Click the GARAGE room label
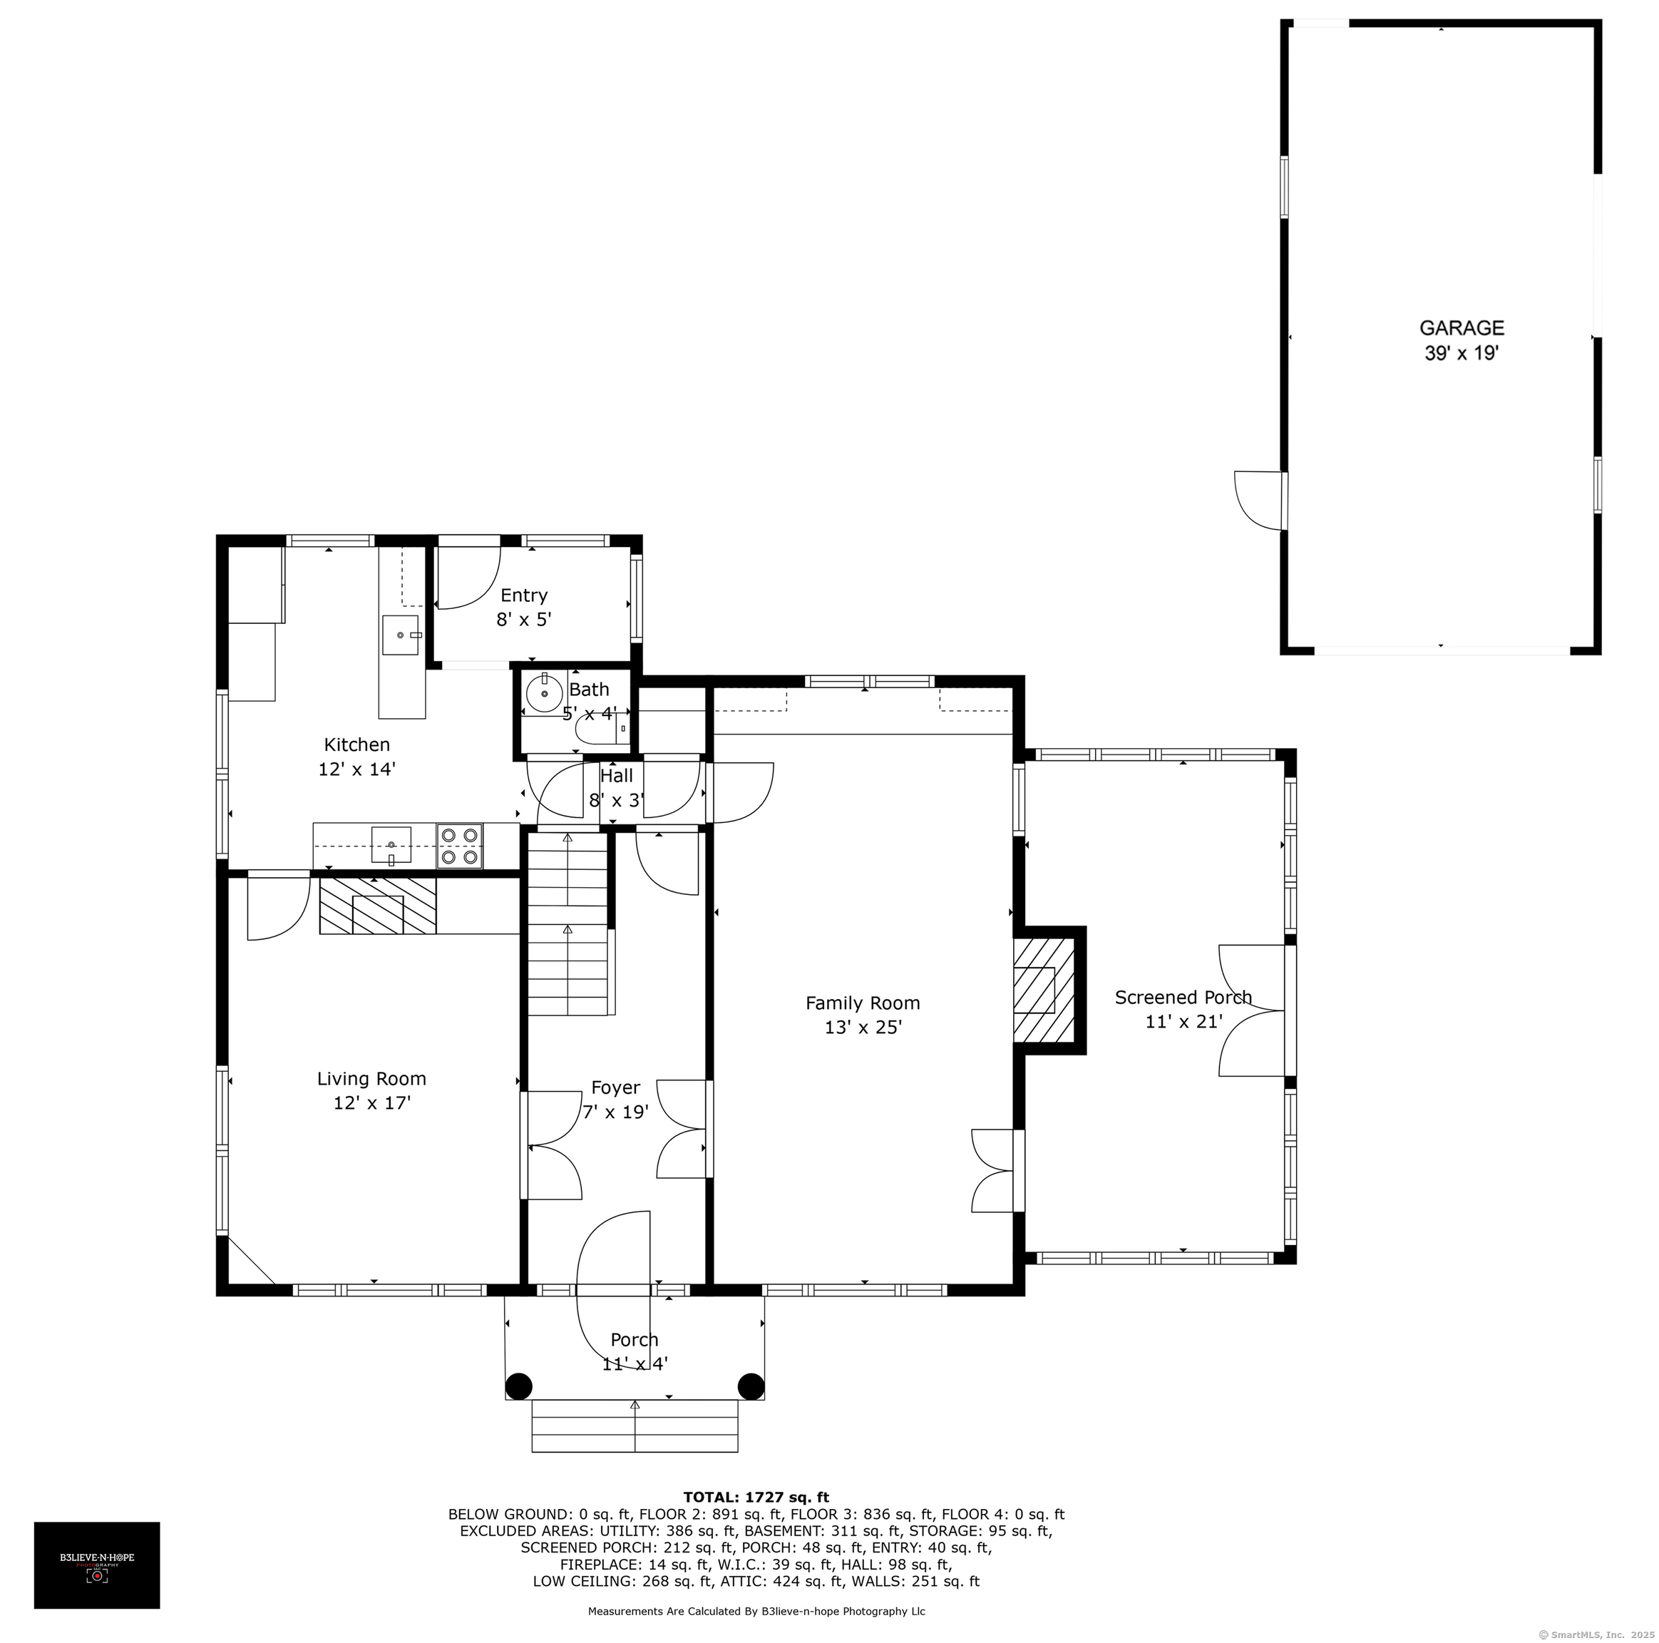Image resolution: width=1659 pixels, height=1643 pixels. [x=1462, y=327]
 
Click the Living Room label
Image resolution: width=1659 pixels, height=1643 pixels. [x=372, y=1079]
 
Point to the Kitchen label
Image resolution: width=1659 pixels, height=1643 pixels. [x=357, y=744]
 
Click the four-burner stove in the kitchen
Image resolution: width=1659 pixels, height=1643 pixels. [x=459, y=845]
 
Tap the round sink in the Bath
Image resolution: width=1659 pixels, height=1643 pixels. [x=545, y=693]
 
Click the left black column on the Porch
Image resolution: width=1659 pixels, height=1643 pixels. [x=518, y=1386]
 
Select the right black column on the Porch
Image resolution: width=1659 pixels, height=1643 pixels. [x=751, y=1386]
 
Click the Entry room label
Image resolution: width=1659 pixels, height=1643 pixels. [x=524, y=595]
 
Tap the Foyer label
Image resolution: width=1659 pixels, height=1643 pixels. [x=616, y=1088]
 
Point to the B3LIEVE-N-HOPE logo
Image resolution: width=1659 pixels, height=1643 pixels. [x=97, y=1565]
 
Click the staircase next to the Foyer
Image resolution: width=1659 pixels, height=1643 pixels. [x=568, y=924]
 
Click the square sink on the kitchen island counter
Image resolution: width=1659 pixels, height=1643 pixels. [x=400, y=635]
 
